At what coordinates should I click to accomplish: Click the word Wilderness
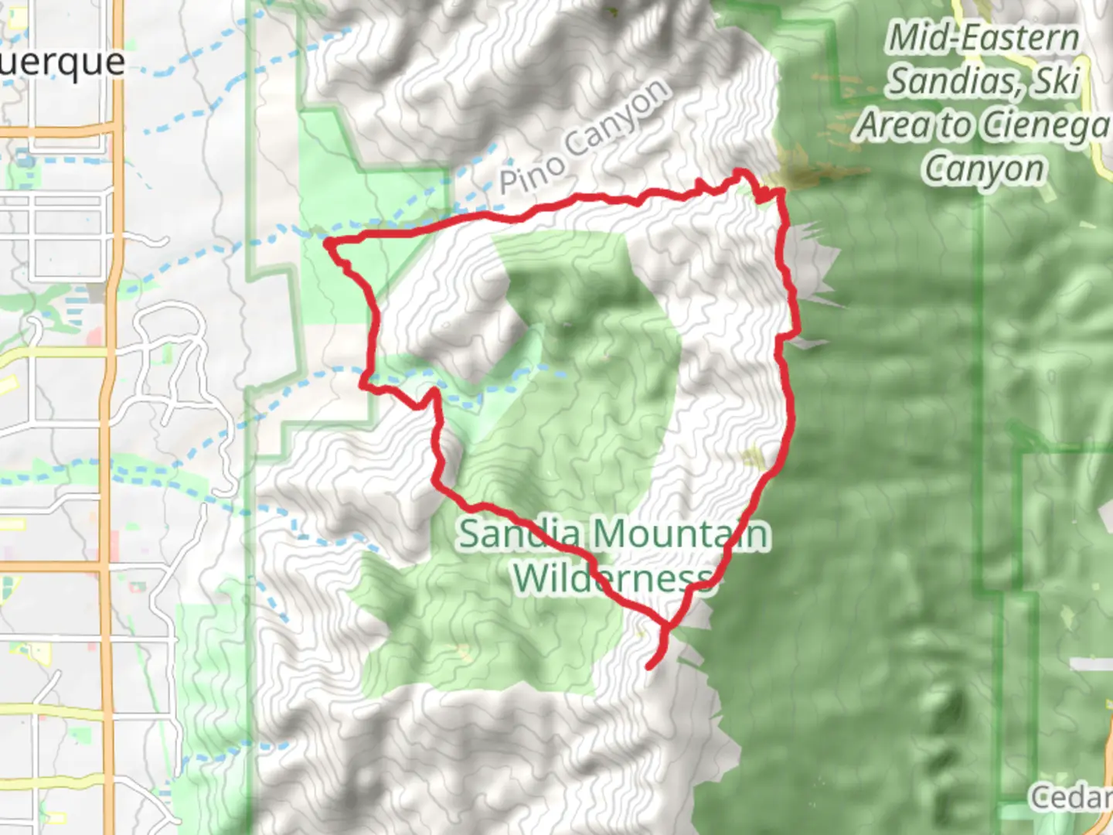pyautogui.click(x=612, y=578)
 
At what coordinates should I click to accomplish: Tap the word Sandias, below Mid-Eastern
pyautogui.click(x=951, y=81)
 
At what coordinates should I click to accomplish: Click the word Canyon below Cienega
pyautogui.click(x=983, y=169)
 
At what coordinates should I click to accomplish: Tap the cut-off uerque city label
pyautogui.click(x=62, y=62)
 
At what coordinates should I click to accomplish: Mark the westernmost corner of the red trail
pyautogui.click(x=328, y=244)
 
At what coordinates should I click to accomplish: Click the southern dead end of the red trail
pyautogui.click(x=649, y=666)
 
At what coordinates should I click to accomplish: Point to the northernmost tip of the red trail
pyautogui.click(x=740, y=171)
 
